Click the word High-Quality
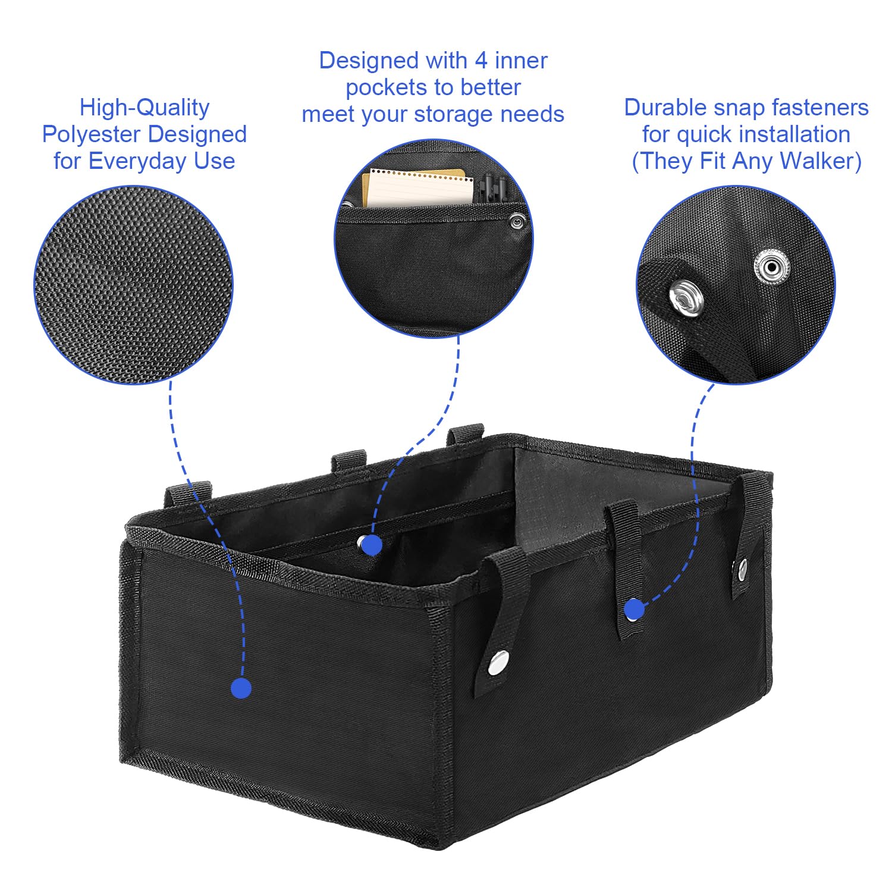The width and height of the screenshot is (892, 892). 145,108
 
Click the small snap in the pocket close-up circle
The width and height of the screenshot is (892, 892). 517,222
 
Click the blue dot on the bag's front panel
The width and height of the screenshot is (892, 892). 241,688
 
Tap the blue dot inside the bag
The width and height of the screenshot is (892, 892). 371,545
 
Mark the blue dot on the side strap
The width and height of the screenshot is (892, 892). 635,609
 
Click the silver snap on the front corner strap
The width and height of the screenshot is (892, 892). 498,662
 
